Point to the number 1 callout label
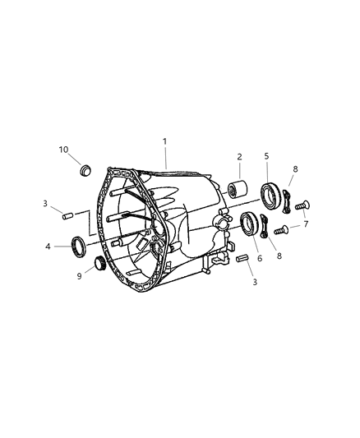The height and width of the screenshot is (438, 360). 165,141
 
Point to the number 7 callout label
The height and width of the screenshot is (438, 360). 305,224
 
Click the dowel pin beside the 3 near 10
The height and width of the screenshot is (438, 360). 70,216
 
